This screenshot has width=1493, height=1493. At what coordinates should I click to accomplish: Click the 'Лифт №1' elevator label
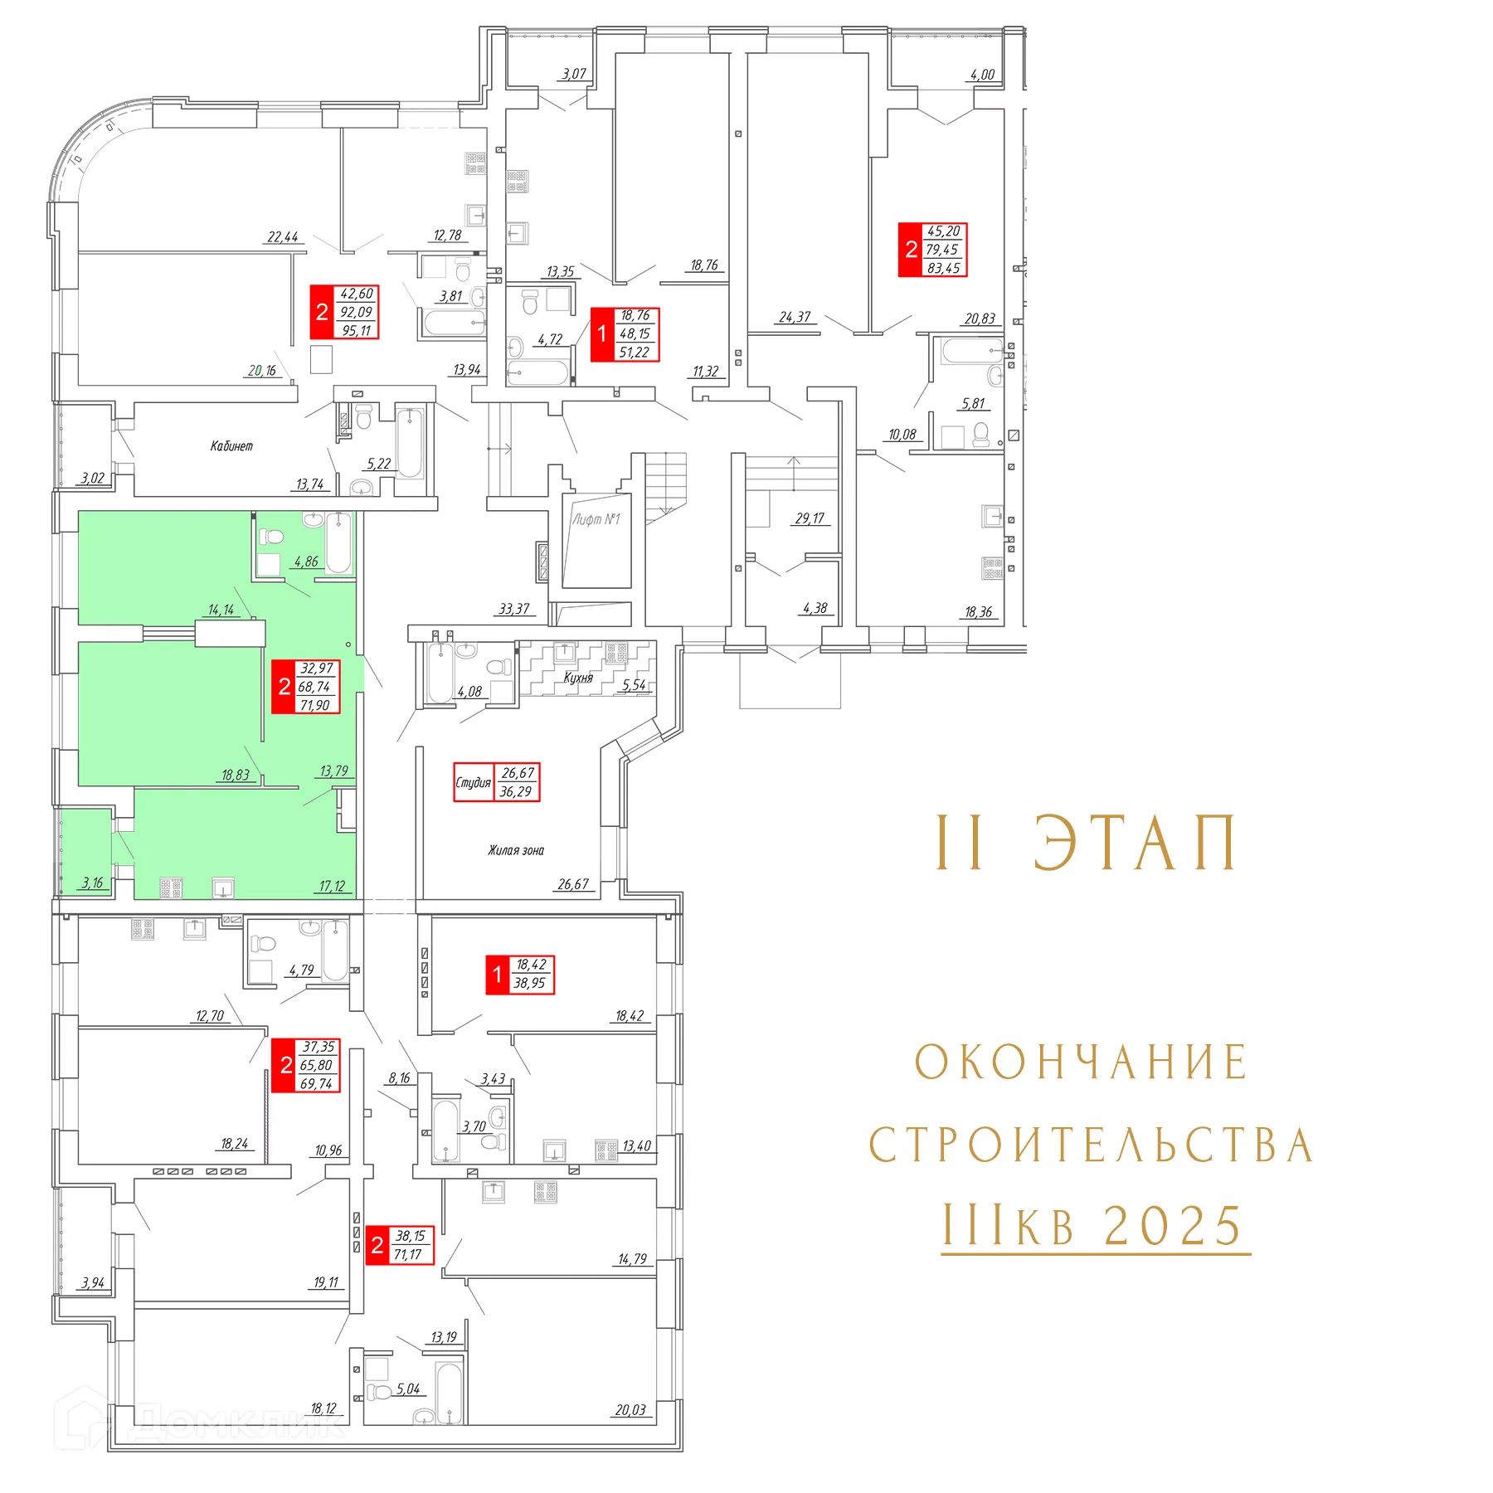pyautogui.click(x=596, y=519)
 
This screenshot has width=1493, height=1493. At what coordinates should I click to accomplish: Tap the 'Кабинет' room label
pyautogui.click(x=231, y=446)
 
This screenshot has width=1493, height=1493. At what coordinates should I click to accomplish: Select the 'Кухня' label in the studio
pyautogui.click(x=578, y=678)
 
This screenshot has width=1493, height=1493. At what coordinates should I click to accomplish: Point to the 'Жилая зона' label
pyautogui.click(x=516, y=850)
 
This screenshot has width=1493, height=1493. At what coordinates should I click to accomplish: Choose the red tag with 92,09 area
pyautogui.click(x=344, y=312)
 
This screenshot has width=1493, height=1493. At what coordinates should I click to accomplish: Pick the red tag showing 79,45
pyautogui.click(x=933, y=250)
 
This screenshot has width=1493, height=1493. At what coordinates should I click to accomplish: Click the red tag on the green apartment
pyautogui.click(x=306, y=687)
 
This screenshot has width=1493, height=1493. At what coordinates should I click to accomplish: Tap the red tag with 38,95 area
pyautogui.click(x=520, y=975)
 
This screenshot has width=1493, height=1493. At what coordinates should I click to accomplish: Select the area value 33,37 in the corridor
pyautogui.click(x=514, y=609)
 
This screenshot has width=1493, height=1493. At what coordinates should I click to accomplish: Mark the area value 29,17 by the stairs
pyautogui.click(x=810, y=518)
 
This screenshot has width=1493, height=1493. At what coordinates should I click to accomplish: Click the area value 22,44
pyautogui.click(x=283, y=237)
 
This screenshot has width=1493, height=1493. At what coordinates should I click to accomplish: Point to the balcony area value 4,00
pyautogui.click(x=982, y=75)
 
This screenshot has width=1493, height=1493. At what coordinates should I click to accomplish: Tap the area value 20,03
pyautogui.click(x=630, y=1410)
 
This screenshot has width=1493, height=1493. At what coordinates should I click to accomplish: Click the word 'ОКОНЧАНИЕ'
pyautogui.click(x=1082, y=1063)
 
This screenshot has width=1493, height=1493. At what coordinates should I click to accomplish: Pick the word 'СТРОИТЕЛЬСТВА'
pyautogui.click(x=1092, y=1145)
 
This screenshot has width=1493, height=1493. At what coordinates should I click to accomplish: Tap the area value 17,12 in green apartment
pyautogui.click(x=332, y=887)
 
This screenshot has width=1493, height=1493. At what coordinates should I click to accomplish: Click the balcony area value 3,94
pyautogui.click(x=93, y=1283)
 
